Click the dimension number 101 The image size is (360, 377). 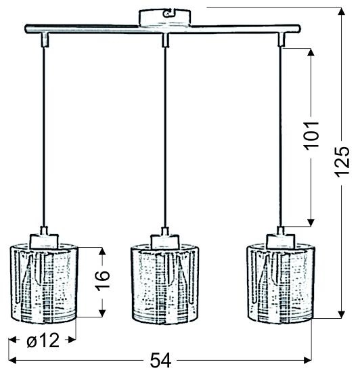tap(311, 137)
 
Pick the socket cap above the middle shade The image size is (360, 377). tap(164, 238)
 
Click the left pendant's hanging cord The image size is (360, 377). tap(45, 135)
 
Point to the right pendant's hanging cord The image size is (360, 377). tap(279, 135)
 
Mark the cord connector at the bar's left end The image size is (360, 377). tap(45, 40)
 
